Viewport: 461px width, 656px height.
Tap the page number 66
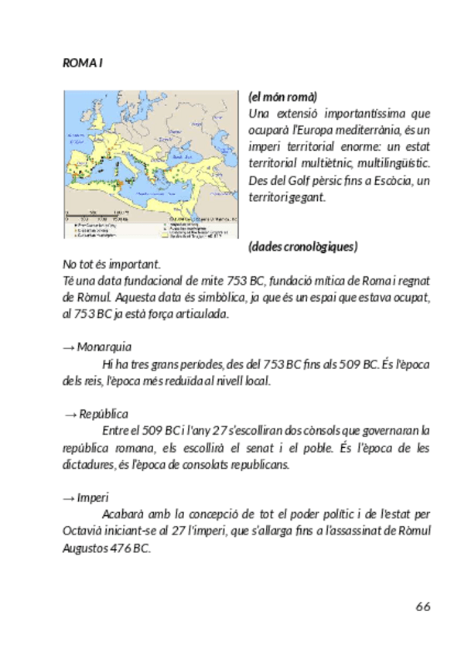click(422, 605)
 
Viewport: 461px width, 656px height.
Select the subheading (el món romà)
click(282, 97)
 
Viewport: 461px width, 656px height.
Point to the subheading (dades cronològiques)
click(302, 247)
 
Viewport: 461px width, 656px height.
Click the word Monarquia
click(104, 346)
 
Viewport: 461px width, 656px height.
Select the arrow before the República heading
click(71, 414)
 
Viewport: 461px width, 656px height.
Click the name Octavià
click(81, 531)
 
